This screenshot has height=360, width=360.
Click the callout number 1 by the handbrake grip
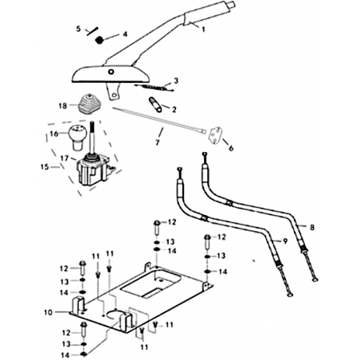pyautogui.click(x=203, y=29)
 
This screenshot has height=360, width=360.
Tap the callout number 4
pyautogui.click(x=125, y=34)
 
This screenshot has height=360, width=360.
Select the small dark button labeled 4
pyautogui.click(x=100, y=40)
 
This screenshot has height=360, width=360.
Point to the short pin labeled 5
pyautogui.click(x=92, y=30)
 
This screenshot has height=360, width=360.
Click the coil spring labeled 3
pyautogui.click(x=154, y=87)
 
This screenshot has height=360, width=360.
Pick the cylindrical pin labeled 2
pyautogui.click(x=155, y=105)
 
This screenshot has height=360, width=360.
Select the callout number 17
pyautogui.click(x=65, y=158)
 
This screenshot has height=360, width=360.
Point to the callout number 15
pyautogui.click(x=45, y=167)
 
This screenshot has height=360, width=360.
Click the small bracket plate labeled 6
pyautogui.click(x=215, y=135)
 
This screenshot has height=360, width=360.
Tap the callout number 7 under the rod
pyautogui.click(x=158, y=143)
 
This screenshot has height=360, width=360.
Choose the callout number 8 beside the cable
pyautogui.click(x=312, y=227)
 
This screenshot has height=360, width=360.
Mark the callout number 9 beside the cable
pyautogui.click(x=285, y=241)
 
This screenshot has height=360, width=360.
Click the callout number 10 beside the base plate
pyautogui.click(x=49, y=312)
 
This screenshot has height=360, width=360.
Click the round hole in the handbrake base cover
pyautogui.click(x=111, y=72)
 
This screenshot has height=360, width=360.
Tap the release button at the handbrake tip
pyautogui.click(x=232, y=4)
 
